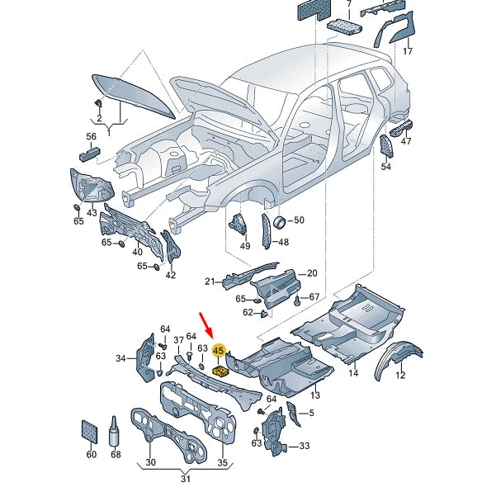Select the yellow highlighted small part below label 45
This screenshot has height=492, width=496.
tap(220, 371)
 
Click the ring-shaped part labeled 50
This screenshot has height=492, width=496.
tap(279, 220)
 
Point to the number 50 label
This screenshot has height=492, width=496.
tap(299, 220)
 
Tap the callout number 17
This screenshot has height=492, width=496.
tap(407, 52)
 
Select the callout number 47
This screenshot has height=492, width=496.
tap(406, 141)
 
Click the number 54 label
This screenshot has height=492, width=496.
tap(386, 168)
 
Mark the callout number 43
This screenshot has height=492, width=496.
tap(92, 213)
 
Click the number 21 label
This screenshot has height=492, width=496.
tap(210, 281)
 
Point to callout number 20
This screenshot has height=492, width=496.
tap(312, 273)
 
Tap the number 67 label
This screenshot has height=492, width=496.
tap(314, 296)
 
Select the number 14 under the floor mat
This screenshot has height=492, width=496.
tap(353, 374)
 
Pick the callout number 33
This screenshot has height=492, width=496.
tap(305, 446)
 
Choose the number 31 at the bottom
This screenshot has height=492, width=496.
tap(186, 480)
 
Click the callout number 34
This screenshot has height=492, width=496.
tap(121, 358)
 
